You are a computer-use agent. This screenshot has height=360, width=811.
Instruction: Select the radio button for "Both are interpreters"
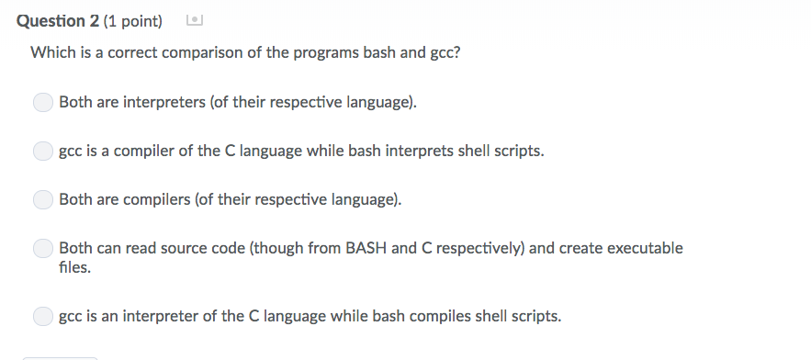43,102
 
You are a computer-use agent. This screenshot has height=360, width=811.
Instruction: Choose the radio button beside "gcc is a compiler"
43,151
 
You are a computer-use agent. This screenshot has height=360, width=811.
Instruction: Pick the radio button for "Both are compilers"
43,199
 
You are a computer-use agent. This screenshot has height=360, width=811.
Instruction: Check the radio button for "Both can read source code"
43,249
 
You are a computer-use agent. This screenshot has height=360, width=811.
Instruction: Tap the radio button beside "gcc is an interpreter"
43,317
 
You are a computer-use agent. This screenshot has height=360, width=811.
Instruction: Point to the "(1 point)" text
130,20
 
